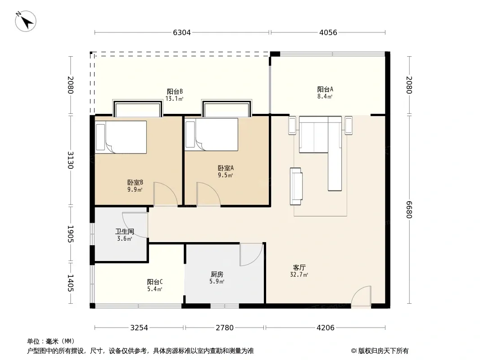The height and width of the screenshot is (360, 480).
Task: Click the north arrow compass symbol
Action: [26, 21]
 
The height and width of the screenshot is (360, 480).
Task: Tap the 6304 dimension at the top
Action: [182, 32]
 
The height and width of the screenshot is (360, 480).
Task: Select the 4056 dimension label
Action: [328, 32]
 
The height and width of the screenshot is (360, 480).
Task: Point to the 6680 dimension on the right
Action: [409, 210]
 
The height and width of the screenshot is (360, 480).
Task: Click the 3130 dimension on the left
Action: [70, 160]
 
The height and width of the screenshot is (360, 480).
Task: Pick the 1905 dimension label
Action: [70, 234]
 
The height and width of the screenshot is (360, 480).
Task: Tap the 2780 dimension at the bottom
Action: [225, 328]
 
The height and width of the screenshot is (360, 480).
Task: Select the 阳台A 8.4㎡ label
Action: [325, 93]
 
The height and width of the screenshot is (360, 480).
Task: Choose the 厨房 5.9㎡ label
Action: [217, 278]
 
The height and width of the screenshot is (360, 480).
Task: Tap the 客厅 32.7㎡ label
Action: [299, 271]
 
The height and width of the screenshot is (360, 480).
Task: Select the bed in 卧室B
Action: [121, 137]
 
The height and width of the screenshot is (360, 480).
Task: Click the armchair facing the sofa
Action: [296, 186]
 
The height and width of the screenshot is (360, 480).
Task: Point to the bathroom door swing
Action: [135, 225]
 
